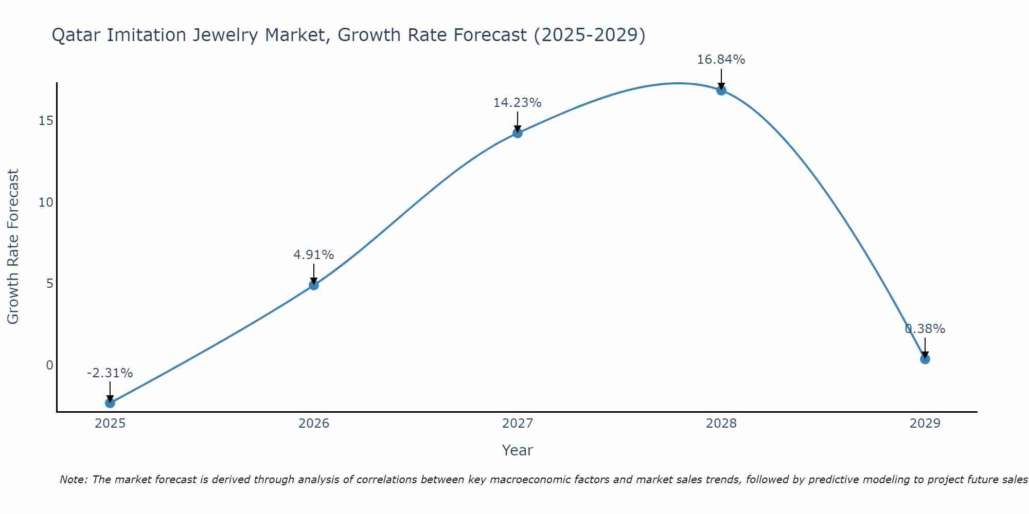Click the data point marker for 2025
point(110,403)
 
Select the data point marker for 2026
point(314,285)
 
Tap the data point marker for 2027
point(518,133)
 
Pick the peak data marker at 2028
point(721,90)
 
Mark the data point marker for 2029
point(925,359)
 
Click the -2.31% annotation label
point(110,373)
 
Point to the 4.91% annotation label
point(314,255)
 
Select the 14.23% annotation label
point(517,103)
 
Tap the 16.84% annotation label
point(721,60)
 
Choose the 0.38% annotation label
point(925,329)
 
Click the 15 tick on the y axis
point(46,121)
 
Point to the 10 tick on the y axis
point(46,203)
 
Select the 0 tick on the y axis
point(49,365)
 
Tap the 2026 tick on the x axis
point(314,424)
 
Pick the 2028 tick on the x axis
point(721,424)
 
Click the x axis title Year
point(517,450)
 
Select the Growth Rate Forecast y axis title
point(13,247)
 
